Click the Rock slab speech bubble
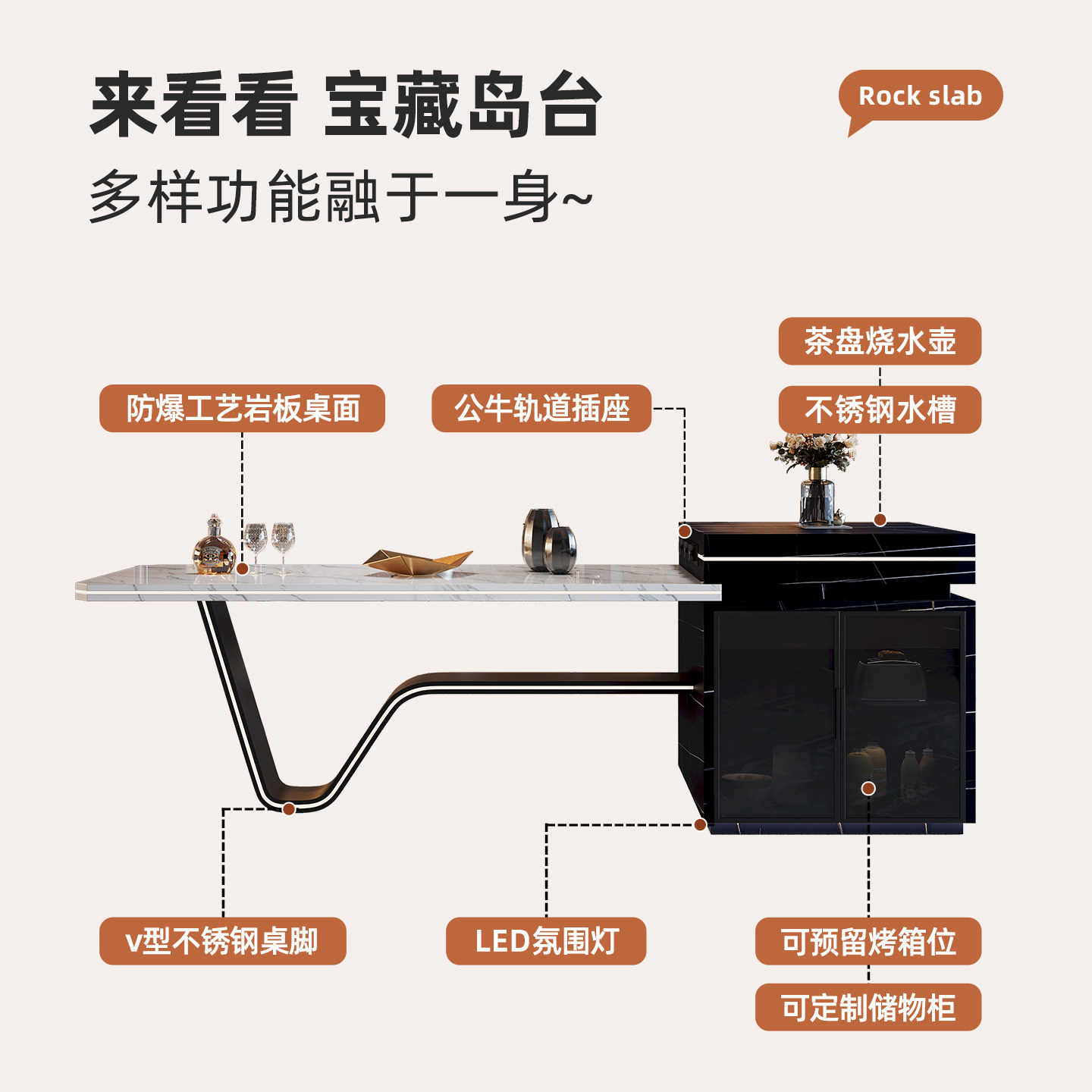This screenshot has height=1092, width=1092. pyautogui.click(x=920, y=96)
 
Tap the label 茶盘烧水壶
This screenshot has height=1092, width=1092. pyautogui.click(x=880, y=341)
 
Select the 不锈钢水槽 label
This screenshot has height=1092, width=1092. pyautogui.click(x=880, y=410)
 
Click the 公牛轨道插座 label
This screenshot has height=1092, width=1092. pyautogui.click(x=541, y=409)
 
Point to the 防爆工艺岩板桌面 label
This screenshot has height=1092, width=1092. pyautogui.click(x=242, y=409)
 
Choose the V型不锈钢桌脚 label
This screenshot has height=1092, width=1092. pyautogui.click(x=222, y=941)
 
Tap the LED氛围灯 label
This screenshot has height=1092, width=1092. pyautogui.click(x=546, y=941)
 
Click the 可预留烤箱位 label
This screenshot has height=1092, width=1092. pyautogui.click(x=868, y=941)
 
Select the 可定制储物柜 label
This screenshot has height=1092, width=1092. pyautogui.click(x=868, y=1008)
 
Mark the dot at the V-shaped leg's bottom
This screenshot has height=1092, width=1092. pyautogui.click(x=289, y=809)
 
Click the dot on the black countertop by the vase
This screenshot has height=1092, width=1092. pyautogui.click(x=880, y=520)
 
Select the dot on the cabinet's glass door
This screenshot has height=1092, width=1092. pyautogui.click(x=868, y=789)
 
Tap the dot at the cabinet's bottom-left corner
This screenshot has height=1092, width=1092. pyautogui.click(x=701, y=824)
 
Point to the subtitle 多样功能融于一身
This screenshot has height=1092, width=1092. pyautogui.click(x=340, y=197)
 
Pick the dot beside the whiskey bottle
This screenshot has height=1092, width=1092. pyautogui.click(x=243, y=568)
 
